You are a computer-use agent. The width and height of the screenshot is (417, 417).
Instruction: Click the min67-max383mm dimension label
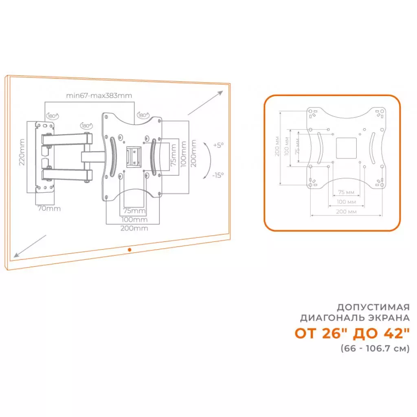click(x=99, y=96)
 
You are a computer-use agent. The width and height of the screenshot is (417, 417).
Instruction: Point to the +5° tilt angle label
click(x=218, y=145)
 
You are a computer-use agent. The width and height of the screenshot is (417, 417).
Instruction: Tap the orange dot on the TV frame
click(x=129, y=249)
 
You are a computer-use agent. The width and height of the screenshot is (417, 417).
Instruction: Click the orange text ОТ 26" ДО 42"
click(x=352, y=333)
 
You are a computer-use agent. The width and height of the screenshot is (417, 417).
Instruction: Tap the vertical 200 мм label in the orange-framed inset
click(x=277, y=147)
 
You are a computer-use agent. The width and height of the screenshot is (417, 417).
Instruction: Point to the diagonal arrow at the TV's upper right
click(x=205, y=103)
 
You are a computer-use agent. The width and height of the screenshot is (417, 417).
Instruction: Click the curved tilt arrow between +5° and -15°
click(x=208, y=160)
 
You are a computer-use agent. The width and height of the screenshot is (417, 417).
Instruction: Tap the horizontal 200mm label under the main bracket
click(x=134, y=228)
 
